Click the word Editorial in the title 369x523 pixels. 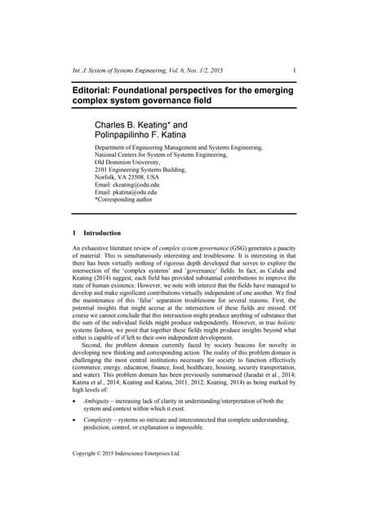[94, 87]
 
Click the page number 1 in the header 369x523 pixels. [294, 70]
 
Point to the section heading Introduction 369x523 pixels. [103, 233]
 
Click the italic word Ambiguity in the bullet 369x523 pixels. [100, 400]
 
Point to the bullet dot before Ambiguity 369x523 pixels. [75, 401]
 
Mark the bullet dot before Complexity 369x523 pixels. [75, 420]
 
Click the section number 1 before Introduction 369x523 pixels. [75, 233]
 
